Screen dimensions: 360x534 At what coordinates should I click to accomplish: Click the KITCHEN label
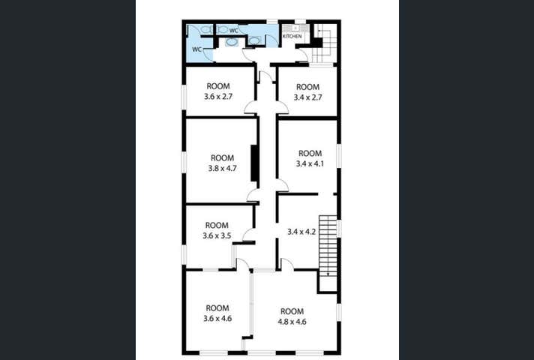click(x=292, y=36)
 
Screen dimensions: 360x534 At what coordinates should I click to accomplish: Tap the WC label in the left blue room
click(x=196, y=49)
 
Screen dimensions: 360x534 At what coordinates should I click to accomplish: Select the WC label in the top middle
click(x=233, y=30)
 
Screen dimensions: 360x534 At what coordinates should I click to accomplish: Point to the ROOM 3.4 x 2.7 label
click(x=308, y=91)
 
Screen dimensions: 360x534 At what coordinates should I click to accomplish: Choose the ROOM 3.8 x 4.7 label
click(x=222, y=163)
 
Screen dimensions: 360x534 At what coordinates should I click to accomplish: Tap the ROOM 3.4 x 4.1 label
click(x=309, y=158)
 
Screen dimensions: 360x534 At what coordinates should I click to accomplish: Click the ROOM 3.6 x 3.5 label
click(x=216, y=230)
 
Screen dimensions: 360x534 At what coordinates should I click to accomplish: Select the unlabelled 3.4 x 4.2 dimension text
click(x=301, y=232)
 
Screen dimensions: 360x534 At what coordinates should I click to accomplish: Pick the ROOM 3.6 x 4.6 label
click(x=217, y=313)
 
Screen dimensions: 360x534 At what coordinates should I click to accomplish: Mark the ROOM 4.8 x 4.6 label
click(x=292, y=316)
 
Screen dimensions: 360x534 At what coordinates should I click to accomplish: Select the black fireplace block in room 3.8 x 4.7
click(x=255, y=163)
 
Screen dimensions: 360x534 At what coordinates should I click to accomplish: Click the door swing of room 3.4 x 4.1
click(x=281, y=185)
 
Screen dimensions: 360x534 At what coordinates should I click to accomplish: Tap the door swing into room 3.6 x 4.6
click(x=241, y=263)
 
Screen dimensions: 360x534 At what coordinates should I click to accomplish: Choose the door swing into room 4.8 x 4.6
click(x=286, y=263)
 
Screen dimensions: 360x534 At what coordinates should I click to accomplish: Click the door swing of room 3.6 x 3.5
click(x=248, y=235)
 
